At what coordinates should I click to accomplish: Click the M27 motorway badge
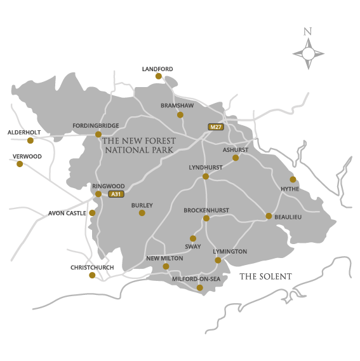point(216,127)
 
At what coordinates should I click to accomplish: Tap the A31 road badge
point(116,194)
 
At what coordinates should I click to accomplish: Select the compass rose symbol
point(308,53)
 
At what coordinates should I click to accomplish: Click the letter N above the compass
point(308,31)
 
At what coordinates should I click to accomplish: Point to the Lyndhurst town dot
point(206,176)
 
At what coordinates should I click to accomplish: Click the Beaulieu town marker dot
point(269,216)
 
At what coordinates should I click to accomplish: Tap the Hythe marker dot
point(293,179)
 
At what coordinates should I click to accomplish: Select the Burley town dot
point(142,213)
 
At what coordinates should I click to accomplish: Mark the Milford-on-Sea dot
point(199,287)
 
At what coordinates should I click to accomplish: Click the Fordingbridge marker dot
point(98,134)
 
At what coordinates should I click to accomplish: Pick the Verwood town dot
point(19,164)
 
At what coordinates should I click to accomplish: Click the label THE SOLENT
point(265,276)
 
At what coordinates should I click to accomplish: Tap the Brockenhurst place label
point(206,210)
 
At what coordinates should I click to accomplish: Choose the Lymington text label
point(230,252)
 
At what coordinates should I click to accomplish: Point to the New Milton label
point(164,259)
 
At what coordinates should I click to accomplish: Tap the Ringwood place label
point(108,186)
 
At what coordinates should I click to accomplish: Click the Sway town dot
point(193,238)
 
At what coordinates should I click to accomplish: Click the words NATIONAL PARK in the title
point(139,150)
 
